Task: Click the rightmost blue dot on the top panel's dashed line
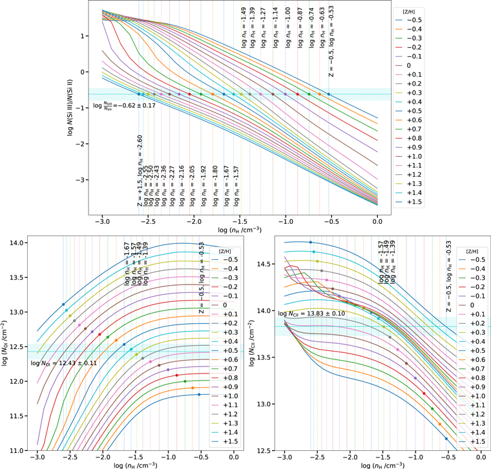(328, 94)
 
